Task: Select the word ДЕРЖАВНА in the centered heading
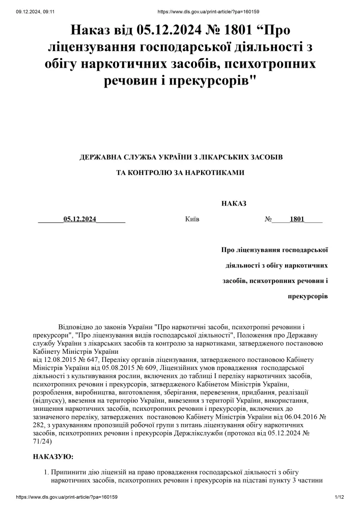point(105,157)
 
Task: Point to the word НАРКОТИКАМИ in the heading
point(217,173)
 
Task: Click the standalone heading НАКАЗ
point(234,204)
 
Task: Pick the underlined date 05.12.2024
point(80,219)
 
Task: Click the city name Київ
point(192,219)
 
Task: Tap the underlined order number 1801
point(297,219)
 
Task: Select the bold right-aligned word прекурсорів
point(308,296)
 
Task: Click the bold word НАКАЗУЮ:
point(53,457)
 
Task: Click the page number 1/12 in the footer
point(340,497)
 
